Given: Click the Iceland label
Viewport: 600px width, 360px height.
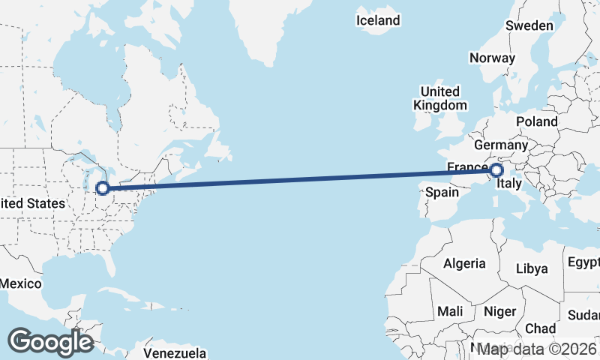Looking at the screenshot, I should [378, 20].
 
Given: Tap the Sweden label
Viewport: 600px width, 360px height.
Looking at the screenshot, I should [529, 25].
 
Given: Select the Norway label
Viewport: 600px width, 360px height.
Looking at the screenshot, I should [492, 58].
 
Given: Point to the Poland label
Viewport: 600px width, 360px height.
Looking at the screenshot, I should [536, 121].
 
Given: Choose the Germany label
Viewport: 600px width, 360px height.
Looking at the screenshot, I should [502, 145].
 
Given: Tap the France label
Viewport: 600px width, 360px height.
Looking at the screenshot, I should [467, 166].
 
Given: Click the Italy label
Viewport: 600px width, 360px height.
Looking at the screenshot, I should [510, 183].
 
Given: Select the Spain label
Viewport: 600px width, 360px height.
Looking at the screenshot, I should [442, 192].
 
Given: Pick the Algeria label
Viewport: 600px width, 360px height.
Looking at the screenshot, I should [465, 263].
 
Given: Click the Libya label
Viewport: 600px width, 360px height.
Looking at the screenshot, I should [532, 268].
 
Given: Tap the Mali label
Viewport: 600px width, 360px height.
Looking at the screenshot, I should [451, 310].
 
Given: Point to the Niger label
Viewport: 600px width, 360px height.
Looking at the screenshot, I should [499, 310].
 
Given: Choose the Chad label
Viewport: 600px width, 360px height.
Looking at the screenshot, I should [540, 328].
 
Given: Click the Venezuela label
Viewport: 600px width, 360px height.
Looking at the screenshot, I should [174, 352].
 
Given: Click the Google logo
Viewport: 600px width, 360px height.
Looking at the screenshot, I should [50, 342].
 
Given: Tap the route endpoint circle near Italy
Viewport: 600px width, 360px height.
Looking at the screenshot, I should [496, 171].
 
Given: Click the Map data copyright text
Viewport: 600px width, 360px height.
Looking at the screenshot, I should [538, 349].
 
